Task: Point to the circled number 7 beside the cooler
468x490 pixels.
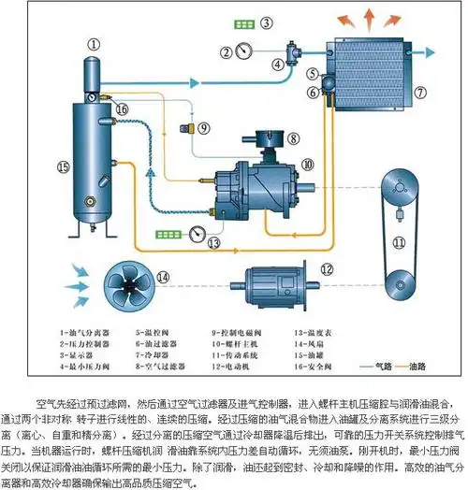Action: point(419,92)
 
